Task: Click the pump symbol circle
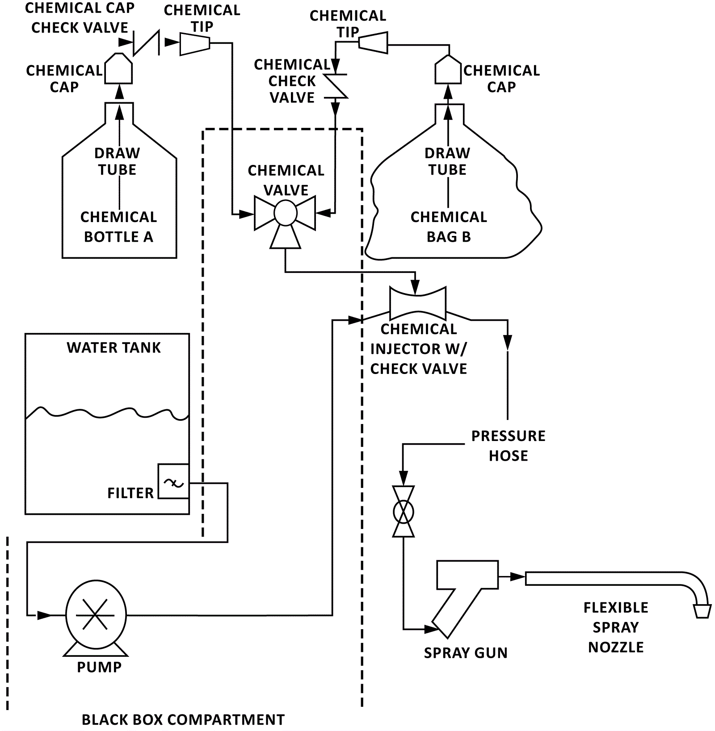point(96,614)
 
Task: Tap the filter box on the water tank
point(173,481)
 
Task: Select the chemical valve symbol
point(285,214)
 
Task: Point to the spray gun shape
point(465,590)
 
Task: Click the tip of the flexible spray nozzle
point(702,611)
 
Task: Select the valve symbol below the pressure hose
point(404,512)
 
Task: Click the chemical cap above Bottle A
point(118,69)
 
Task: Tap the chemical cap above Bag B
point(448,70)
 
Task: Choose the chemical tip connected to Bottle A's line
point(195,43)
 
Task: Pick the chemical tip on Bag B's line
point(373,42)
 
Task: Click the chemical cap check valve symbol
point(147,43)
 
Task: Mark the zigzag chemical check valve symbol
point(335,86)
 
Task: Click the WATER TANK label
point(114,348)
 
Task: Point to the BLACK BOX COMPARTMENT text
point(183,719)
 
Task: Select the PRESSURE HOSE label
point(508,445)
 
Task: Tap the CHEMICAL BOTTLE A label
point(118,227)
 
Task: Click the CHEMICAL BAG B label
point(449,227)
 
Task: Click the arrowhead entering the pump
point(44,615)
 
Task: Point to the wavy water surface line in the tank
point(107,413)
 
